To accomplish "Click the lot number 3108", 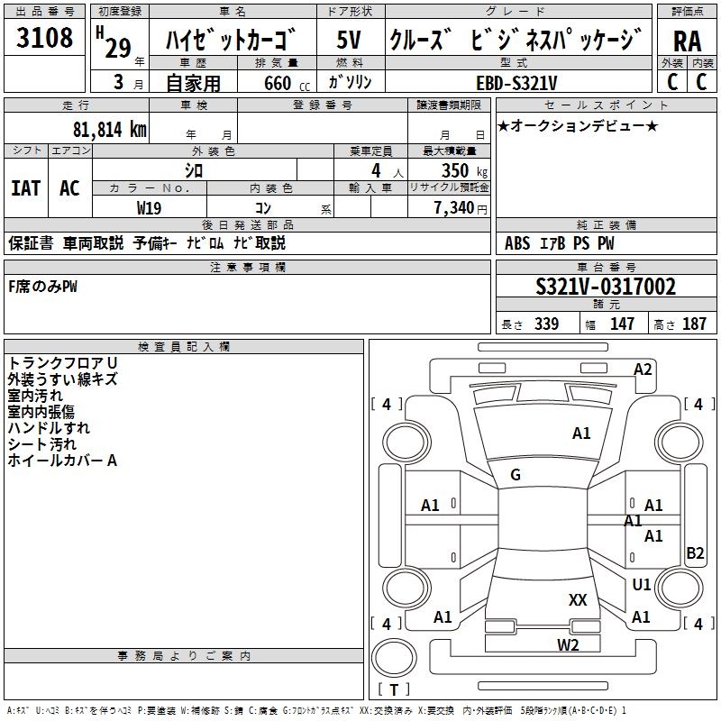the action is coord(45,38).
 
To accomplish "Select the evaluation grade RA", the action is coord(687,41).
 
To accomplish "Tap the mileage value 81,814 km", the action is coord(109,129).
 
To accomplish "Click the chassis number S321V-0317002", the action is coord(606,287).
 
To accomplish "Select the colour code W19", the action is coord(150,207).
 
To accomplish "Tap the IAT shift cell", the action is coord(25,188).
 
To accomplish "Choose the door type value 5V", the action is coord(349,41).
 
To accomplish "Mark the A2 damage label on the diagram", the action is coord(643,369).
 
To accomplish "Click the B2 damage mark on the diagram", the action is coord(695,553).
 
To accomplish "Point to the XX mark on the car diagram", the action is coord(578,599).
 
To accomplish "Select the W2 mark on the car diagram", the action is coord(568,644).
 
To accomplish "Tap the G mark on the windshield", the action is coord(516,475).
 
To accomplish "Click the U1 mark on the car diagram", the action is coord(642,585).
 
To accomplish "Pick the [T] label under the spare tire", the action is coord(393,690).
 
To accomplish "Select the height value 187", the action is coord(695,324).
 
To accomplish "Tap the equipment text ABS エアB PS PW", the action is coord(560,242).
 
